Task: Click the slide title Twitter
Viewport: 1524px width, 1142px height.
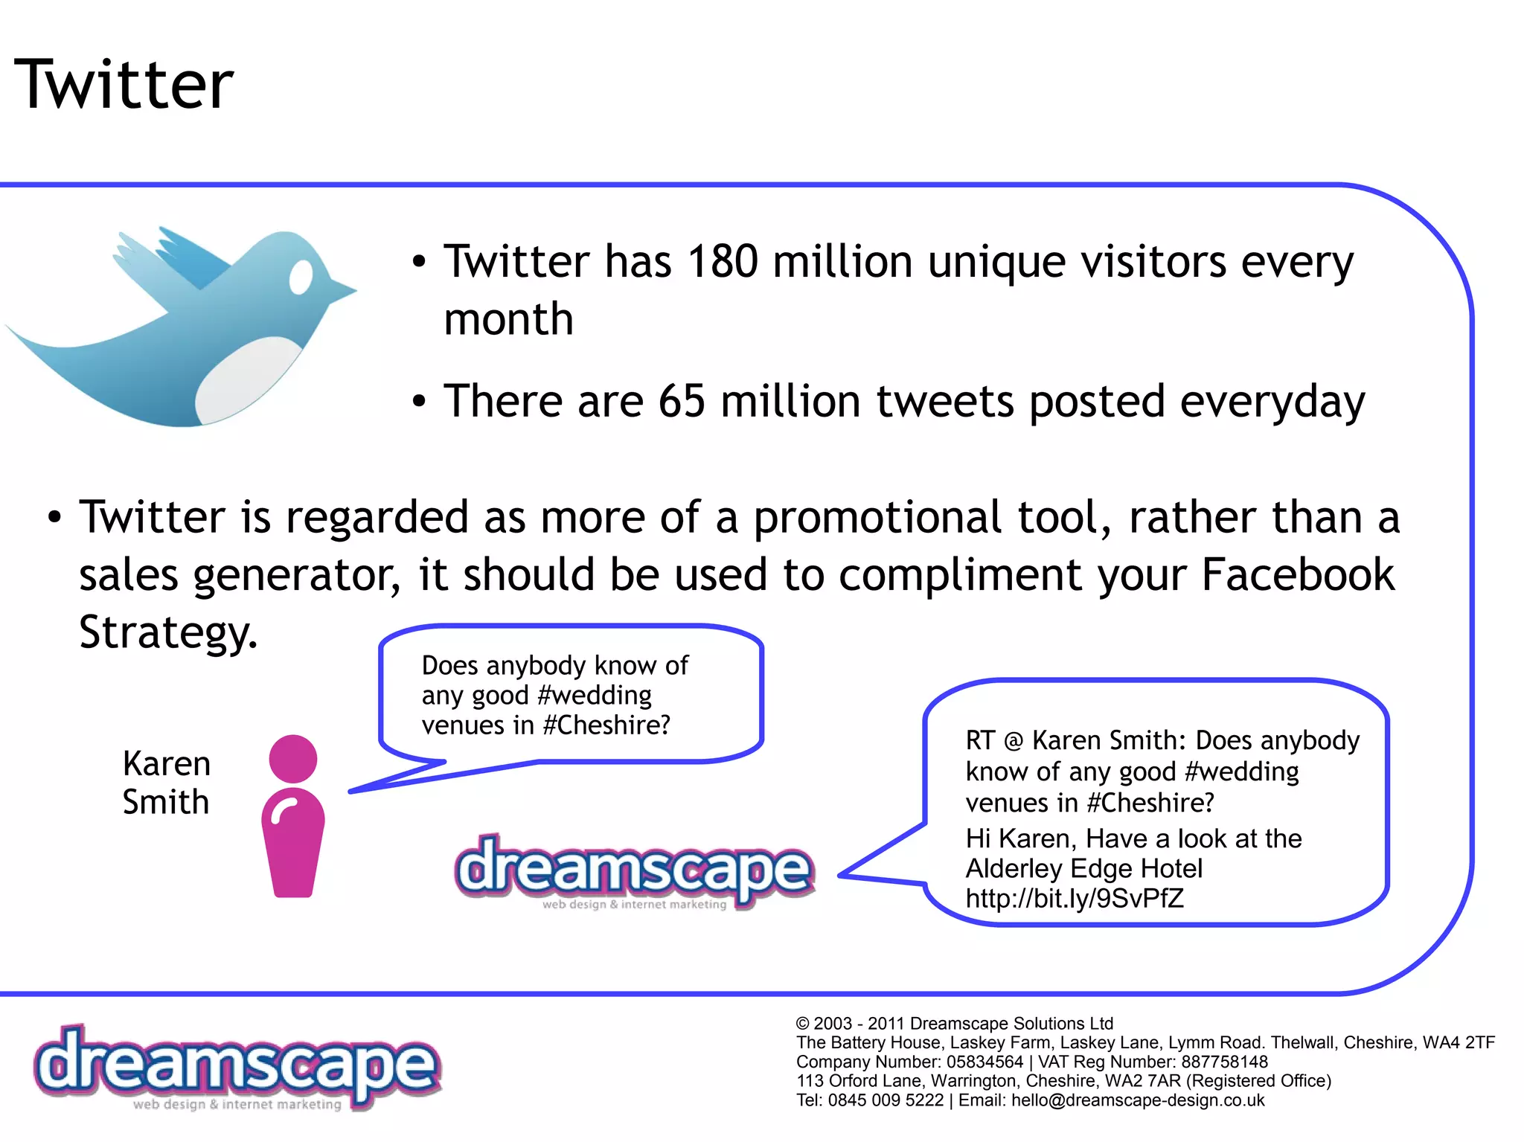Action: pyautogui.click(x=124, y=84)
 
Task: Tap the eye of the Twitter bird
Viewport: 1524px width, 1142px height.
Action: pyautogui.click(x=301, y=278)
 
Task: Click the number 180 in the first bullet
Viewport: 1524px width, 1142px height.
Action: pyautogui.click(x=723, y=262)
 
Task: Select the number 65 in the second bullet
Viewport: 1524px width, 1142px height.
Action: pyautogui.click(x=682, y=402)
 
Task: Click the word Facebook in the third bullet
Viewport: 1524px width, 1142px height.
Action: pyautogui.click(x=1298, y=575)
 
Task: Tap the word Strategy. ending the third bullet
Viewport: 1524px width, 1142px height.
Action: pyautogui.click(x=168, y=632)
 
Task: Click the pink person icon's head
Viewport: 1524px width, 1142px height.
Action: pyautogui.click(x=293, y=759)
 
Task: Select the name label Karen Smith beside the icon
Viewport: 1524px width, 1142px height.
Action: pyautogui.click(x=167, y=783)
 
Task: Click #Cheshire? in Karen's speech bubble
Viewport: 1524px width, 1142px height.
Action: pyautogui.click(x=607, y=725)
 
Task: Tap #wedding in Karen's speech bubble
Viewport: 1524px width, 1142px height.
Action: pyautogui.click(x=594, y=696)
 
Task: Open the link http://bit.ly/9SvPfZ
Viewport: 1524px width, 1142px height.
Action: pyautogui.click(x=1075, y=899)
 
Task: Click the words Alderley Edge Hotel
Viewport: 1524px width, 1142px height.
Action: pyautogui.click(x=1084, y=868)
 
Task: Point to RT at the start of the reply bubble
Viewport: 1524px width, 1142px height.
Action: pyautogui.click(x=980, y=741)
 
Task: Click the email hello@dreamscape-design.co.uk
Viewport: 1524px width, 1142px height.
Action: pyautogui.click(x=1138, y=1100)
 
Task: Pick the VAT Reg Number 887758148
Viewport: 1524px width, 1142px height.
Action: pyautogui.click(x=1225, y=1062)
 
